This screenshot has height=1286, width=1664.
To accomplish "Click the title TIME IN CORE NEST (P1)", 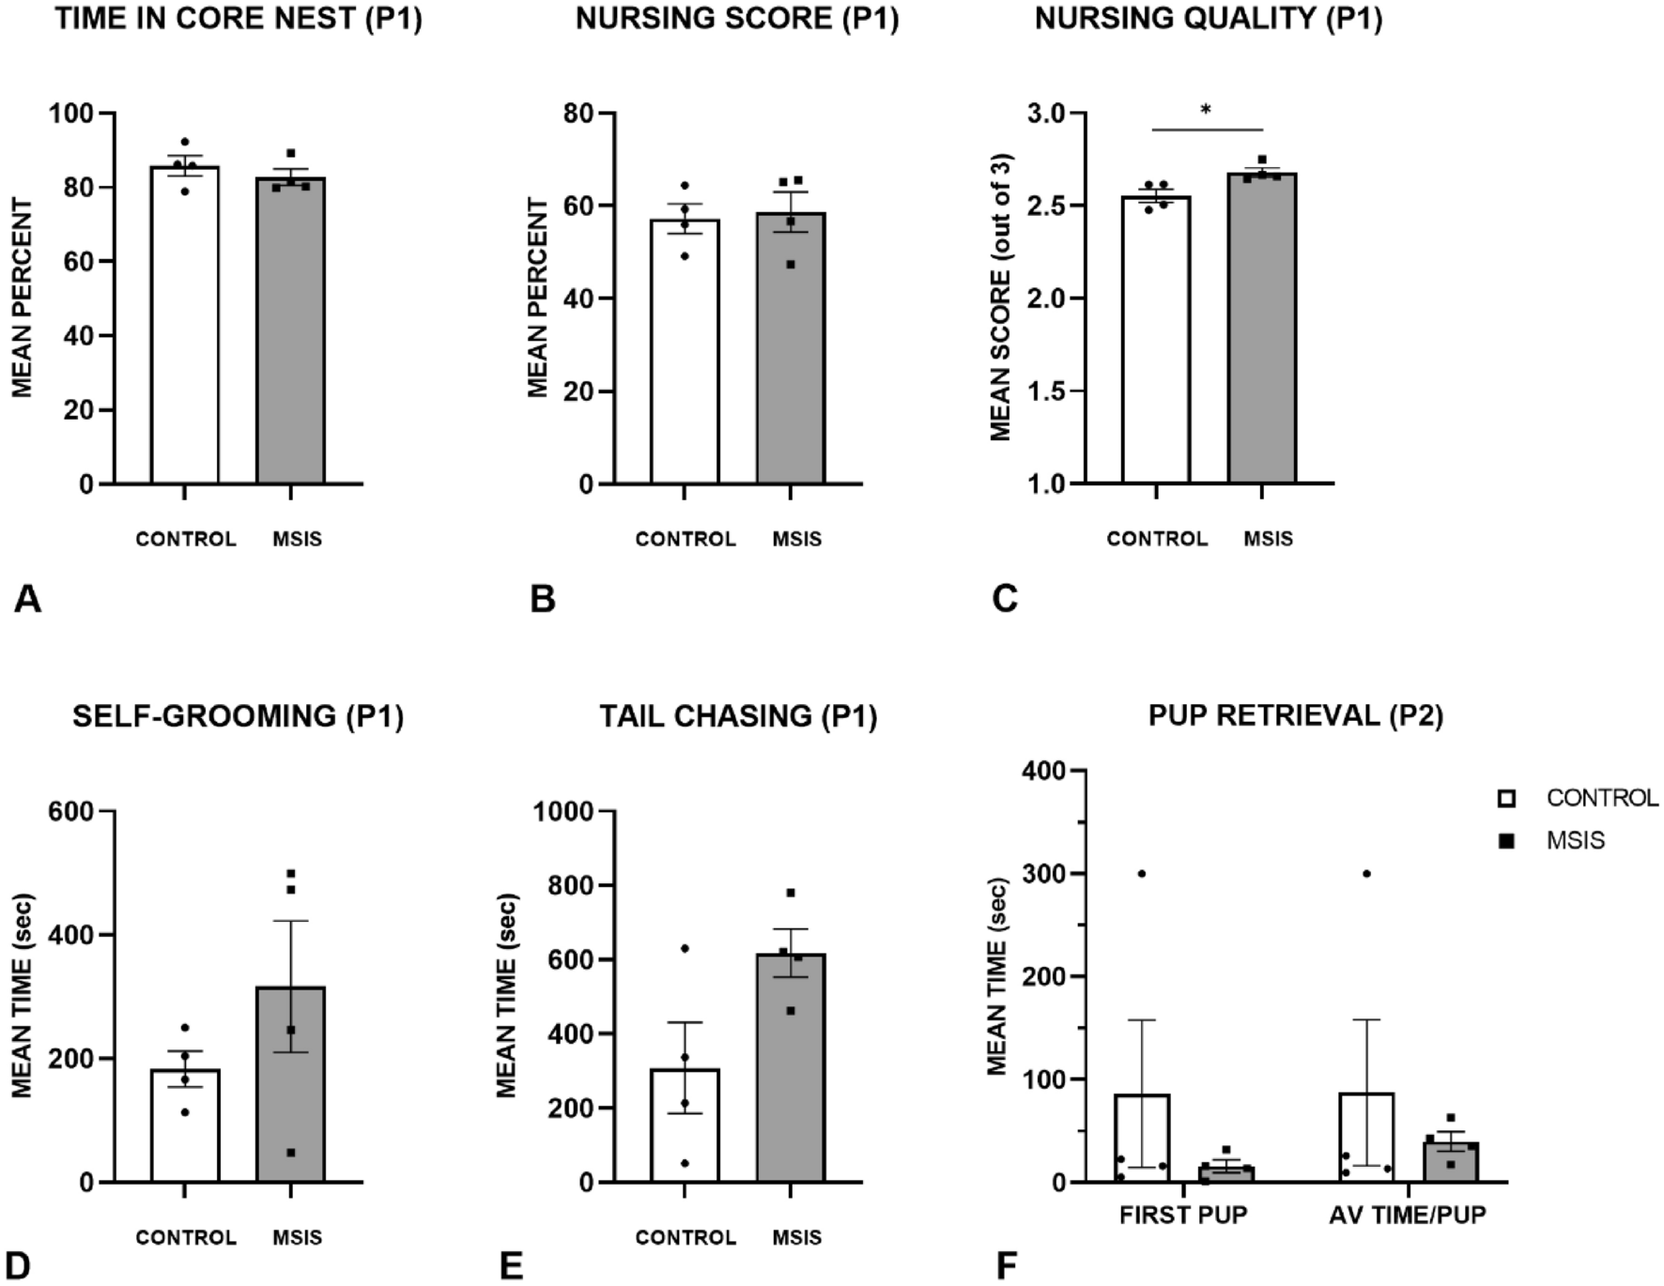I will point(238,19).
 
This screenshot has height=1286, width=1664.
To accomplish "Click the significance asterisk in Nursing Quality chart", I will point(1206,111).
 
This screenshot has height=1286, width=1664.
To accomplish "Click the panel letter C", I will point(1004,599).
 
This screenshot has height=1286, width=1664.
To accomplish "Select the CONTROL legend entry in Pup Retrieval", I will point(1578,798).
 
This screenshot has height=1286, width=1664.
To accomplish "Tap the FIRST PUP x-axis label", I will point(1182,1215).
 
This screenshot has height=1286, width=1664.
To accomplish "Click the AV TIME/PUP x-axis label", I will point(1407,1215).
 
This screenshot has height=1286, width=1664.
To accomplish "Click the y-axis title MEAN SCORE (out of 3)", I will point(1001,297).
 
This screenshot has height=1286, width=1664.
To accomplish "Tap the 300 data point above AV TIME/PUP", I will point(1366,874).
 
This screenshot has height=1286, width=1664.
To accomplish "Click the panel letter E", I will point(511,1266).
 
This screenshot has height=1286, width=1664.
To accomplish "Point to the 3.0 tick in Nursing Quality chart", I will point(1046,114).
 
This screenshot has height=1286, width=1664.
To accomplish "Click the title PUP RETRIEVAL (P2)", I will point(1295,716).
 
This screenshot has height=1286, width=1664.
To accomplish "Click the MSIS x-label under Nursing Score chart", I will point(796,539).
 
